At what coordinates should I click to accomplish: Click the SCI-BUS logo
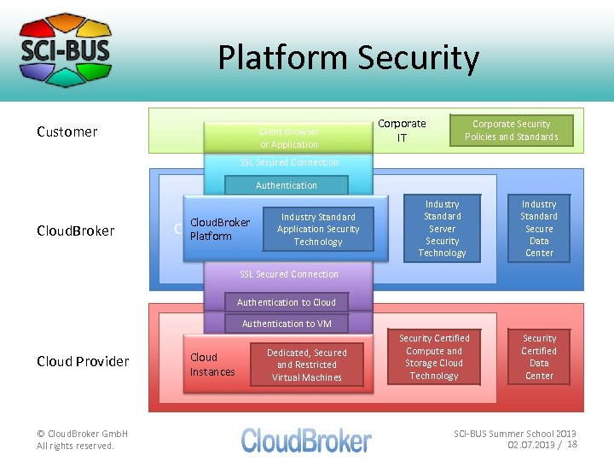tap(66, 49)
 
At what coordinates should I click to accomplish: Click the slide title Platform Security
tap(348, 58)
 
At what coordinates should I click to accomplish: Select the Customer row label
tap(67, 131)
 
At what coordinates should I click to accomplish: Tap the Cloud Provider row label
tap(83, 361)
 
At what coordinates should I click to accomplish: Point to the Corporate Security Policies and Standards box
tap(511, 131)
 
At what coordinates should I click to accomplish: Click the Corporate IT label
tap(402, 130)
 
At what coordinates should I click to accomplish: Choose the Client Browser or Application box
tap(288, 138)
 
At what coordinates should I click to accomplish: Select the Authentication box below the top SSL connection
tap(286, 185)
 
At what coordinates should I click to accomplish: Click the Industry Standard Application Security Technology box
tap(318, 230)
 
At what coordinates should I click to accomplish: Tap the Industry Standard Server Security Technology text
tap(442, 229)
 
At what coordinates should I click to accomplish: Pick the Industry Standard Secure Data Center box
tap(539, 229)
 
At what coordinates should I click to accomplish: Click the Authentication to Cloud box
tap(287, 302)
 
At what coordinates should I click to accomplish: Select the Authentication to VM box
tap(287, 324)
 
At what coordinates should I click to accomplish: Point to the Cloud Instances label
tap(211, 365)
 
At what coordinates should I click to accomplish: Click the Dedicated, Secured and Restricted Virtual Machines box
tap(306, 365)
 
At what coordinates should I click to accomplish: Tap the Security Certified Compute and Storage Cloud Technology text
tap(433, 357)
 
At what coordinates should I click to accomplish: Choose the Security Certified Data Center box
tap(539, 357)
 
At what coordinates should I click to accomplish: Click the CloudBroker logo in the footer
tap(306, 440)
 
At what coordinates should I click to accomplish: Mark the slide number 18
tap(572, 445)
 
